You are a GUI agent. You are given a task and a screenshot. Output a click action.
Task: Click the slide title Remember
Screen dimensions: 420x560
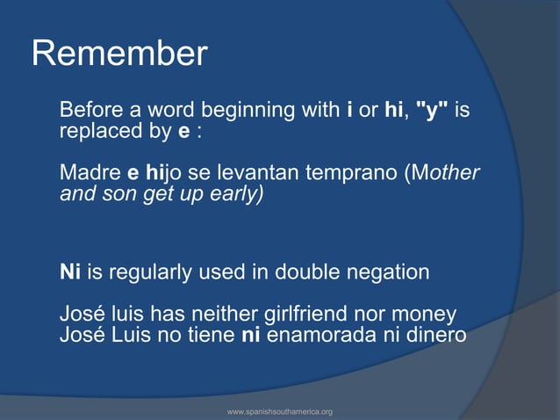point(119,54)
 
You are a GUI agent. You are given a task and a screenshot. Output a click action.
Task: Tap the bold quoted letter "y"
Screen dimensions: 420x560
point(432,111)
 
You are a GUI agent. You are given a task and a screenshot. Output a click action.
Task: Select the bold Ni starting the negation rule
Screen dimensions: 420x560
point(69,272)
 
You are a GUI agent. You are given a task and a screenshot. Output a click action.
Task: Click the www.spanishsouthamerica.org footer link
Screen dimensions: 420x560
point(279,411)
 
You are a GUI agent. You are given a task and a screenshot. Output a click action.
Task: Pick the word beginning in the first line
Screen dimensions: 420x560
point(288,111)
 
